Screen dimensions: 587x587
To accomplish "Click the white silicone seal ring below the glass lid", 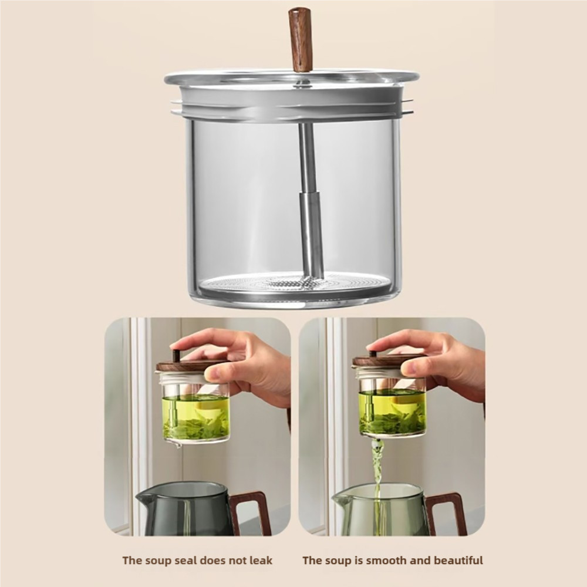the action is [x=292, y=101].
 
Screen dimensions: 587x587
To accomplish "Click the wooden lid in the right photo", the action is [x=382, y=361].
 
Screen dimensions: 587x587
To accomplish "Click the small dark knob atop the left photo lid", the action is [x=176, y=354].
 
